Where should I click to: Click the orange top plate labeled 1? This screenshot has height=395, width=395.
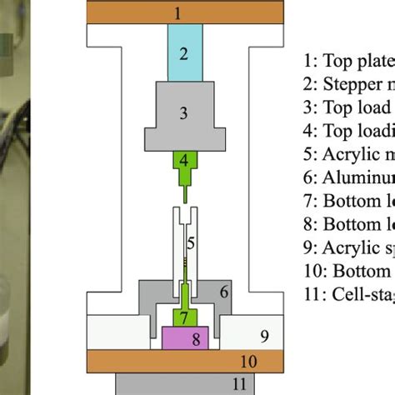click(177, 12)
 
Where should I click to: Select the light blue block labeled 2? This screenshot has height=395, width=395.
click(185, 54)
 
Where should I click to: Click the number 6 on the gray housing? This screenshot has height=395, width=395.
click(225, 291)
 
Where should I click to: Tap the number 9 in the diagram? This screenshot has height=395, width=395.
click(264, 337)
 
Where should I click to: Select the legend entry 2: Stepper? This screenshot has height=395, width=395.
click(347, 85)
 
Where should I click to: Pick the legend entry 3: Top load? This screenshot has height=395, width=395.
click(347, 107)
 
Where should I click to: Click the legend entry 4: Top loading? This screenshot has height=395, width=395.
click(347, 130)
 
